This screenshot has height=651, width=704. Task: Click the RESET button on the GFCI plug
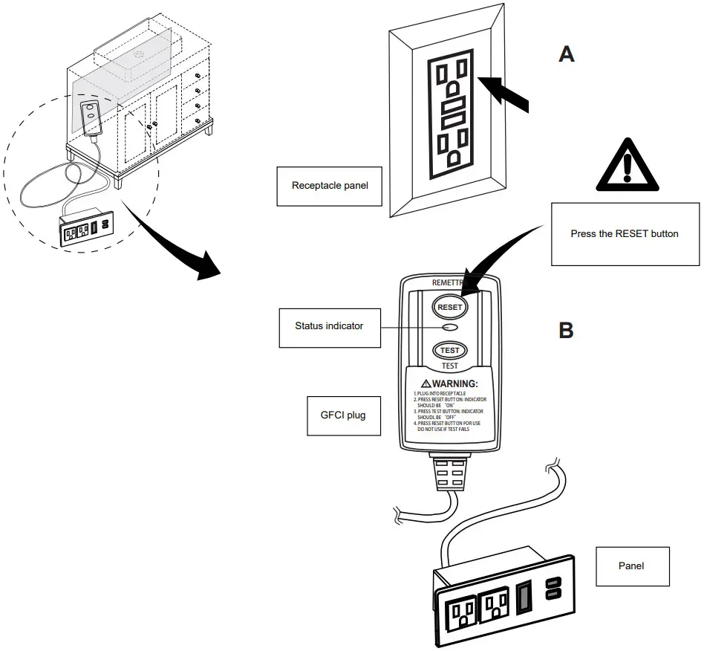tap(449, 307)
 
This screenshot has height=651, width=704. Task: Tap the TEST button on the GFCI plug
tap(449, 350)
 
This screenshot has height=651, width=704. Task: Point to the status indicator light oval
tap(449, 328)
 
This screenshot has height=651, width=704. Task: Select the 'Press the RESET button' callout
tap(625, 233)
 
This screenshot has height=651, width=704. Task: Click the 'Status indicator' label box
tap(329, 326)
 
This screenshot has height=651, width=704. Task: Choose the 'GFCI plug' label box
tap(337, 415)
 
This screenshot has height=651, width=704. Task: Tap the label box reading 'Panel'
tap(631, 566)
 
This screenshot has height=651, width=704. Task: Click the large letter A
tap(567, 54)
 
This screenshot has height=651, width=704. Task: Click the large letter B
tap(566, 330)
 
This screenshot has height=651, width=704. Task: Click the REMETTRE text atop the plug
tap(448, 283)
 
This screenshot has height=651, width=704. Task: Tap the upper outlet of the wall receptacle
tap(452, 78)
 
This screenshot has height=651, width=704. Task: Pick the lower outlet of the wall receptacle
tap(453, 146)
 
